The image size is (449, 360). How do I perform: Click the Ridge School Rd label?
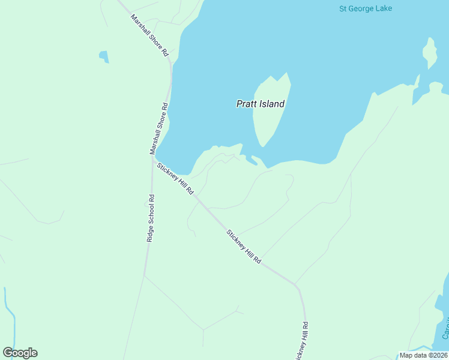pos(151,218)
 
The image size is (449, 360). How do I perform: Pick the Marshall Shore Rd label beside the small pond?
pos(149,35)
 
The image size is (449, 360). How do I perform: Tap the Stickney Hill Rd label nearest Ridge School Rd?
pos(175,178)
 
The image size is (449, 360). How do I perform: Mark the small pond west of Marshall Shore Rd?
pos(104,56)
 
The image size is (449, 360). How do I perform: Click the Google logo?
pos(20,353)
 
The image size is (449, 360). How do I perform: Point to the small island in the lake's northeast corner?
pos(429,53)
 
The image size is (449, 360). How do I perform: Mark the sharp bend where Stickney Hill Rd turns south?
pos(297,286)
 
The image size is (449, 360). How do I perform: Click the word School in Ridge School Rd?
pos(151,218)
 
